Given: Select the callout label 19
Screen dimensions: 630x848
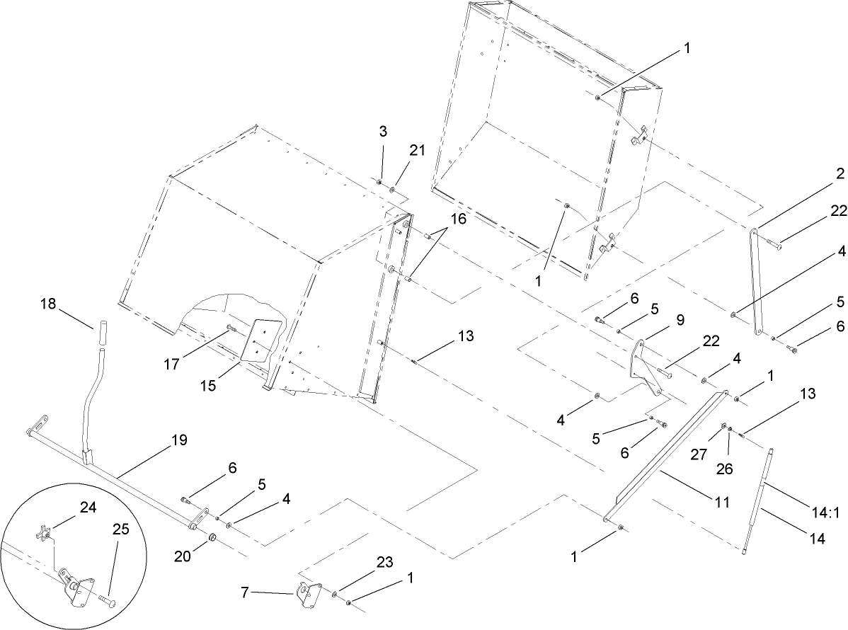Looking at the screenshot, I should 179,440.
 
